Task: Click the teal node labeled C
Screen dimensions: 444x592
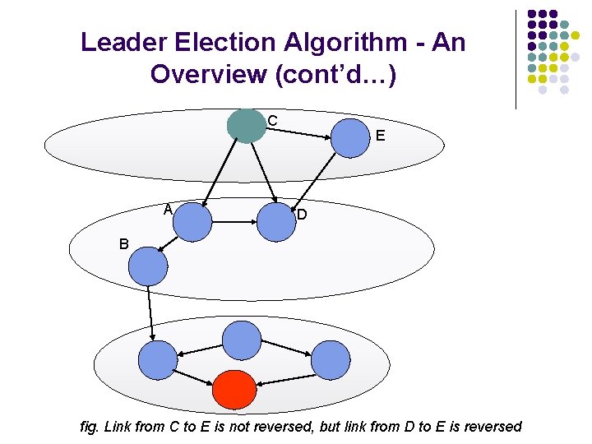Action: click(246, 126)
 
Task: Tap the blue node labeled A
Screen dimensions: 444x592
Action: click(193, 222)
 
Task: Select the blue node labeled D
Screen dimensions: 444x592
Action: click(275, 221)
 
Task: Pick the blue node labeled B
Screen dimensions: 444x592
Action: click(148, 266)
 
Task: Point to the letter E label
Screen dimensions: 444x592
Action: click(380, 136)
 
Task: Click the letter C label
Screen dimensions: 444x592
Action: click(272, 121)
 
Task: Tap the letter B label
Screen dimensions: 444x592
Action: click(123, 244)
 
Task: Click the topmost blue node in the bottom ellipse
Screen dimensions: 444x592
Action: click(242, 340)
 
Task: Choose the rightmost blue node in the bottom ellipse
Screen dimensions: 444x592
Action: click(330, 360)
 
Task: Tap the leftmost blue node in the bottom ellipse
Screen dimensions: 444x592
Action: click(157, 360)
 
